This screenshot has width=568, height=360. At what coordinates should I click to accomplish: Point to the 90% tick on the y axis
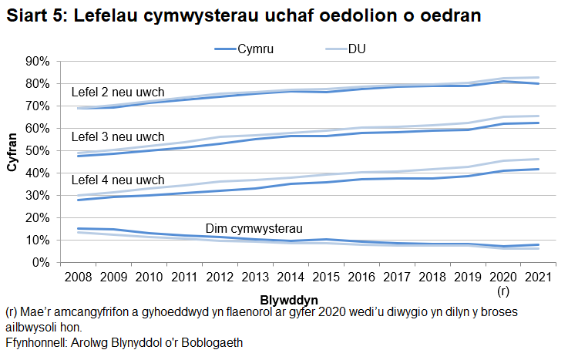point(38,61)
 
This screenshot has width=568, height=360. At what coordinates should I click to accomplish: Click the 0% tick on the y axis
point(41,263)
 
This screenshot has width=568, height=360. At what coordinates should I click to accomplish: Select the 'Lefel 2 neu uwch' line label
point(117,93)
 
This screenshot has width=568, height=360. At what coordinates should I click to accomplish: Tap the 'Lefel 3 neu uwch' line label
point(117,136)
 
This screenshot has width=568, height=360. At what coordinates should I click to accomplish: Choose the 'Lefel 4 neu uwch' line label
point(117,180)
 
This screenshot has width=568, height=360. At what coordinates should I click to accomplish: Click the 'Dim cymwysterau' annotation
point(254,228)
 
